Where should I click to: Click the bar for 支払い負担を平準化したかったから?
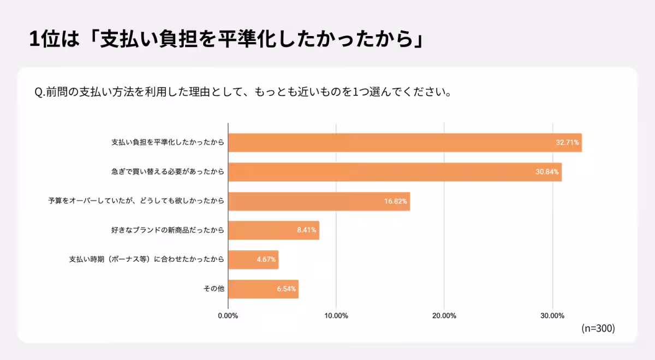(x=404, y=142)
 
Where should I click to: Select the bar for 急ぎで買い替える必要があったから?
(x=394, y=172)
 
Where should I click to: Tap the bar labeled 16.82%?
(x=319, y=201)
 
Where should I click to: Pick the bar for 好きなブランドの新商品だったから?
(x=273, y=230)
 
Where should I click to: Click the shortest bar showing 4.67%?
(x=253, y=260)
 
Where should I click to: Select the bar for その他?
(x=263, y=289)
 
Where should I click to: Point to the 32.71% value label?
(x=567, y=142)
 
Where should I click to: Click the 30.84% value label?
(x=547, y=172)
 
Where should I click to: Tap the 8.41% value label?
(x=307, y=230)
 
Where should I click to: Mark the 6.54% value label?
(x=286, y=289)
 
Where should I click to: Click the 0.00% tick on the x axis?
(x=228, y=316)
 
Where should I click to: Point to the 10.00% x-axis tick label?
(x=336, y=316)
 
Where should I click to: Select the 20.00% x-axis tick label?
(x=444, y=316)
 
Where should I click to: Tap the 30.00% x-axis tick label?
(x=552, y=316)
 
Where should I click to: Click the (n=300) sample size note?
(x=598, y=328)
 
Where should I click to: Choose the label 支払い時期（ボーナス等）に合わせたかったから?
(x=146, y=260)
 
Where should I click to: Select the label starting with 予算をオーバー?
(x=136, y=201)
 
